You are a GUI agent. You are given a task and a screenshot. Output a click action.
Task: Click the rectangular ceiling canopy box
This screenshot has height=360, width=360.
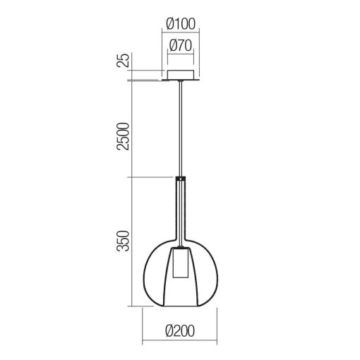pyautogui.click(x=181, y=76)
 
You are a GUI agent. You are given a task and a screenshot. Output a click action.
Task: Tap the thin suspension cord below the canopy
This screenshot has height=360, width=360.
pyautogui.click(x=181, y=127)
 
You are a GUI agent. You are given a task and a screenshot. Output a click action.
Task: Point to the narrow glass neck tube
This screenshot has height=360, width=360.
pyautogui.click(x=181, y=212)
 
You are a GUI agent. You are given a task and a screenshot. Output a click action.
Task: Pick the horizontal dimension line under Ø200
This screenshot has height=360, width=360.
pyautogui.click(x=180, y=341)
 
